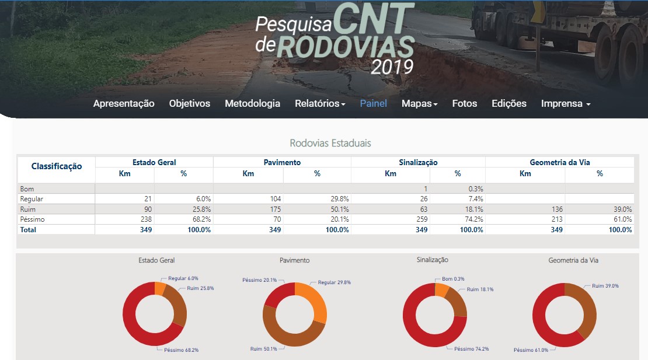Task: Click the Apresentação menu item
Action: (124, 103)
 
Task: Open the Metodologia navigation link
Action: (252, 103)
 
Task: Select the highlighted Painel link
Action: (373, 103)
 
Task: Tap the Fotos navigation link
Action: (464, 103)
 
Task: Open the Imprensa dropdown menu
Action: (565, 103)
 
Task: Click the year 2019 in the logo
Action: (392, 67)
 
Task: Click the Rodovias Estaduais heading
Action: (330, 143)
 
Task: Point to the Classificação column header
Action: (56, 166)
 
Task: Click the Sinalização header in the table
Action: (417, 162)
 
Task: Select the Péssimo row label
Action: (33, 219)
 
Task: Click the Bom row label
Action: (27, 189)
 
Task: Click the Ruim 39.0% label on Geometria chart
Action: (605, 286)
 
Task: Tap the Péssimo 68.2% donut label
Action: (181, 350)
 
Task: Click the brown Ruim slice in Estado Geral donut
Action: (176, 304)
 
